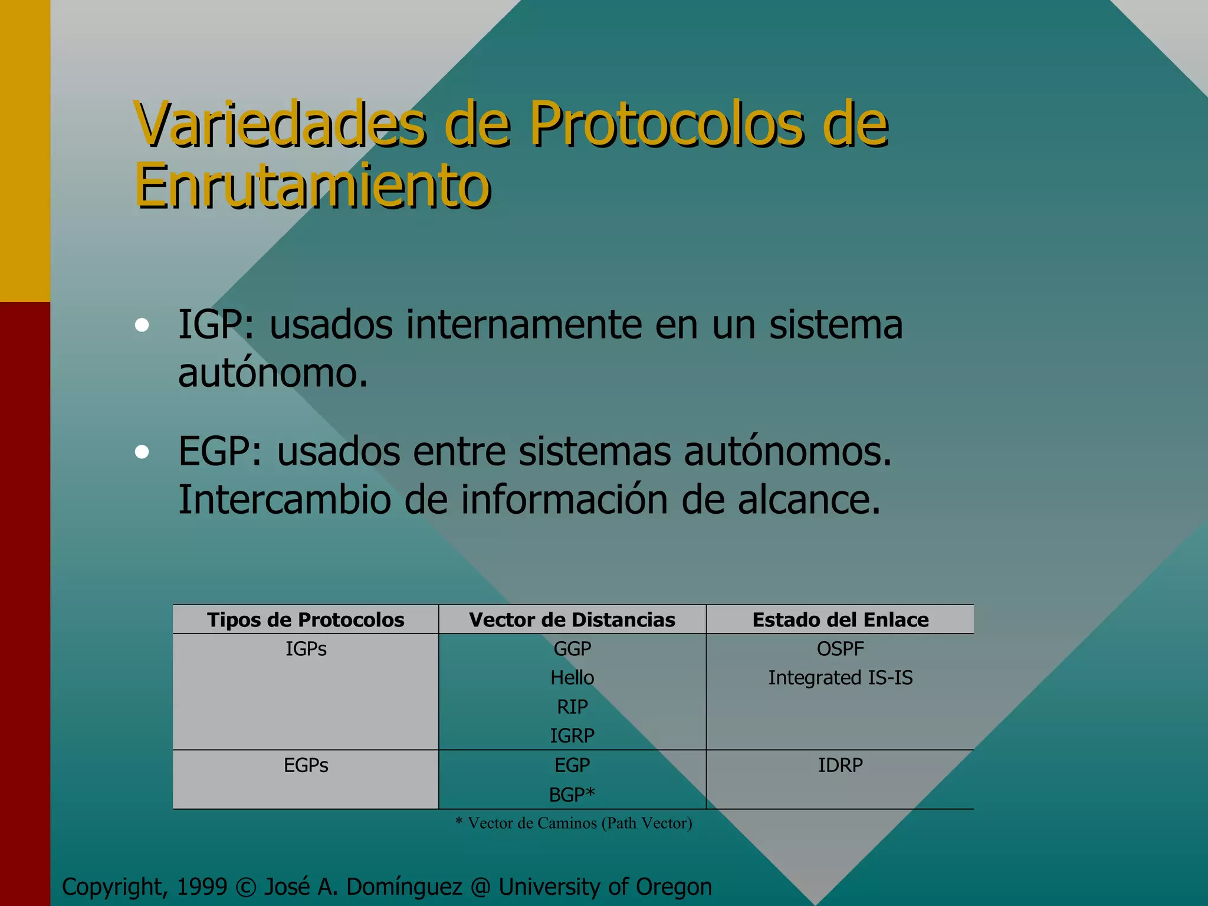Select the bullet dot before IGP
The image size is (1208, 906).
142,326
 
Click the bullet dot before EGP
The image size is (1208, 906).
142,452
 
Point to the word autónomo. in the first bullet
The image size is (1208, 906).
273,373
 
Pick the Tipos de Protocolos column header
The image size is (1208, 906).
306,620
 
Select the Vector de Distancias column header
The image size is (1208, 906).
572,620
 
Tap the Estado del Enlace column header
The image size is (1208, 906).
841,620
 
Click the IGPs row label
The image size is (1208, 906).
306,649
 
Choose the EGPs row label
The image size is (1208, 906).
306,765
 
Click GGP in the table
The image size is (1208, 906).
572,649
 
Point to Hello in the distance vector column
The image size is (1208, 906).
572,678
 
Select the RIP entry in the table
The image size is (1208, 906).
572,707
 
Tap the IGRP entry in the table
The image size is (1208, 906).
572,736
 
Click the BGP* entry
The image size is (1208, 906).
572,795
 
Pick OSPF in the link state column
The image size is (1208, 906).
841,649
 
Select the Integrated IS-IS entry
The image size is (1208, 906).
841,678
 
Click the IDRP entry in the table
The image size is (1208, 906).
841,765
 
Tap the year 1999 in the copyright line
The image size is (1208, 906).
202,887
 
